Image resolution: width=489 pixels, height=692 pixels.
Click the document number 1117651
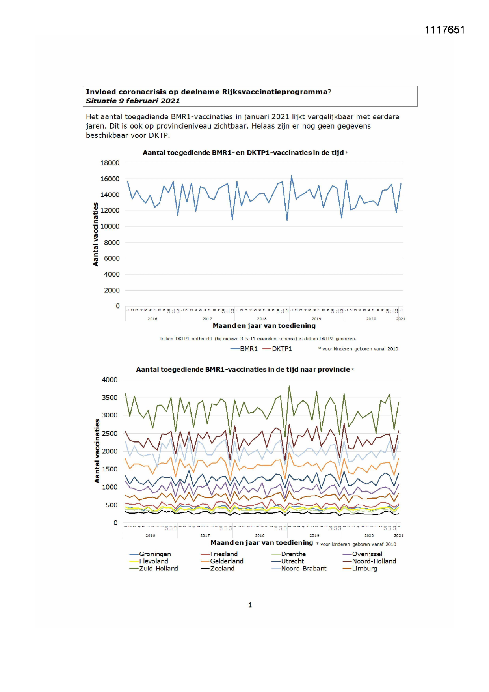coord(444,30)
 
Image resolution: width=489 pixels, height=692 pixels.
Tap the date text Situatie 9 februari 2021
coord(133,101)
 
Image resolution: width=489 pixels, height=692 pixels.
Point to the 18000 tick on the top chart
coord(110,163)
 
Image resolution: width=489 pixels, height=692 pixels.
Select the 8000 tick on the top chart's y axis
coord(112,243)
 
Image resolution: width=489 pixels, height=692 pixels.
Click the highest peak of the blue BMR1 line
coord(292,176)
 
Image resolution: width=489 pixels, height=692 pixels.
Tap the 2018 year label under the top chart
coord(262,319)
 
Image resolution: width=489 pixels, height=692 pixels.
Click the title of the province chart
coord(243,370)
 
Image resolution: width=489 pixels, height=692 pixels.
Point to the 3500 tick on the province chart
coord(110,398)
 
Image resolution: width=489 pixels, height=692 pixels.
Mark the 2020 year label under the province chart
coord(369,536)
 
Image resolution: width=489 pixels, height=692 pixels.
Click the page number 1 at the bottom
coord(250,605)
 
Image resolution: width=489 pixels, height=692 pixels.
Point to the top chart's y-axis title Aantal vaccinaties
coord(96,234)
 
